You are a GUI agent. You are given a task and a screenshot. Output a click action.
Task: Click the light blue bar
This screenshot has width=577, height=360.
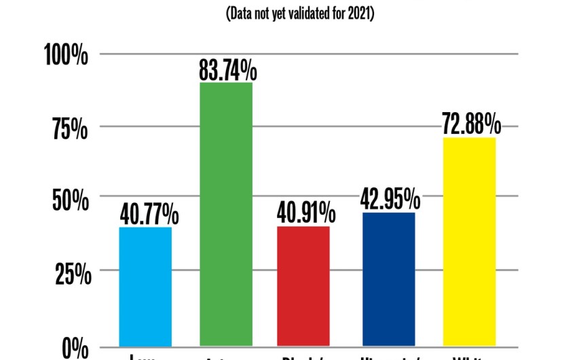tap(145, 287)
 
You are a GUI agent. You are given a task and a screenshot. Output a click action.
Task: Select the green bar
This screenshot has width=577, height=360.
tap(225, 214)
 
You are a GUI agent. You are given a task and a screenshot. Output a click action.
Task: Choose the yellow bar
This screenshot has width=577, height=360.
tap(469, 242)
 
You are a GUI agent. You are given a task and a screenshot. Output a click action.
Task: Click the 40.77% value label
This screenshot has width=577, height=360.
tap(149, 216)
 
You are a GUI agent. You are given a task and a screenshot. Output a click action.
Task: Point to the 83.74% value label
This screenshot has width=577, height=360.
tap(228, 70)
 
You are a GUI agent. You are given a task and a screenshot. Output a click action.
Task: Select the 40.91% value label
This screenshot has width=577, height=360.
tap(306, 214)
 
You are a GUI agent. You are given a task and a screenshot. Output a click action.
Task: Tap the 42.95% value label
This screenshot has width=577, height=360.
tap(389, 200)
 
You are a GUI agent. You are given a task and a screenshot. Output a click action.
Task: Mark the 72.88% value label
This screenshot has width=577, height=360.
tap(471, 126)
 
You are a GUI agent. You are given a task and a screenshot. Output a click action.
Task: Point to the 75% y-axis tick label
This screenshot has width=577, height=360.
tap(71, 129)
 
